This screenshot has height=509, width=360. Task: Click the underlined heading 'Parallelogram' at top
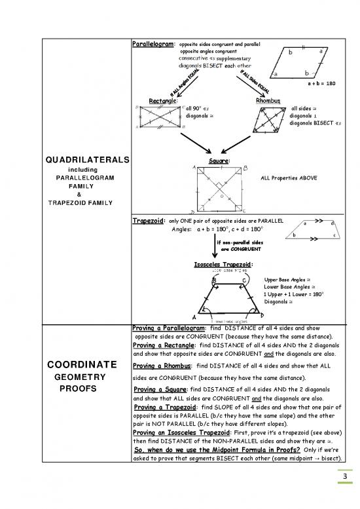click(153, 44)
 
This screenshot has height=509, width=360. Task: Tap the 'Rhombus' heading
click(268, 102)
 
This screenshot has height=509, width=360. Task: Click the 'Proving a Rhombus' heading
click(162, 366)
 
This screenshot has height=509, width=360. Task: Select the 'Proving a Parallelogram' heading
click(169, 328)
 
